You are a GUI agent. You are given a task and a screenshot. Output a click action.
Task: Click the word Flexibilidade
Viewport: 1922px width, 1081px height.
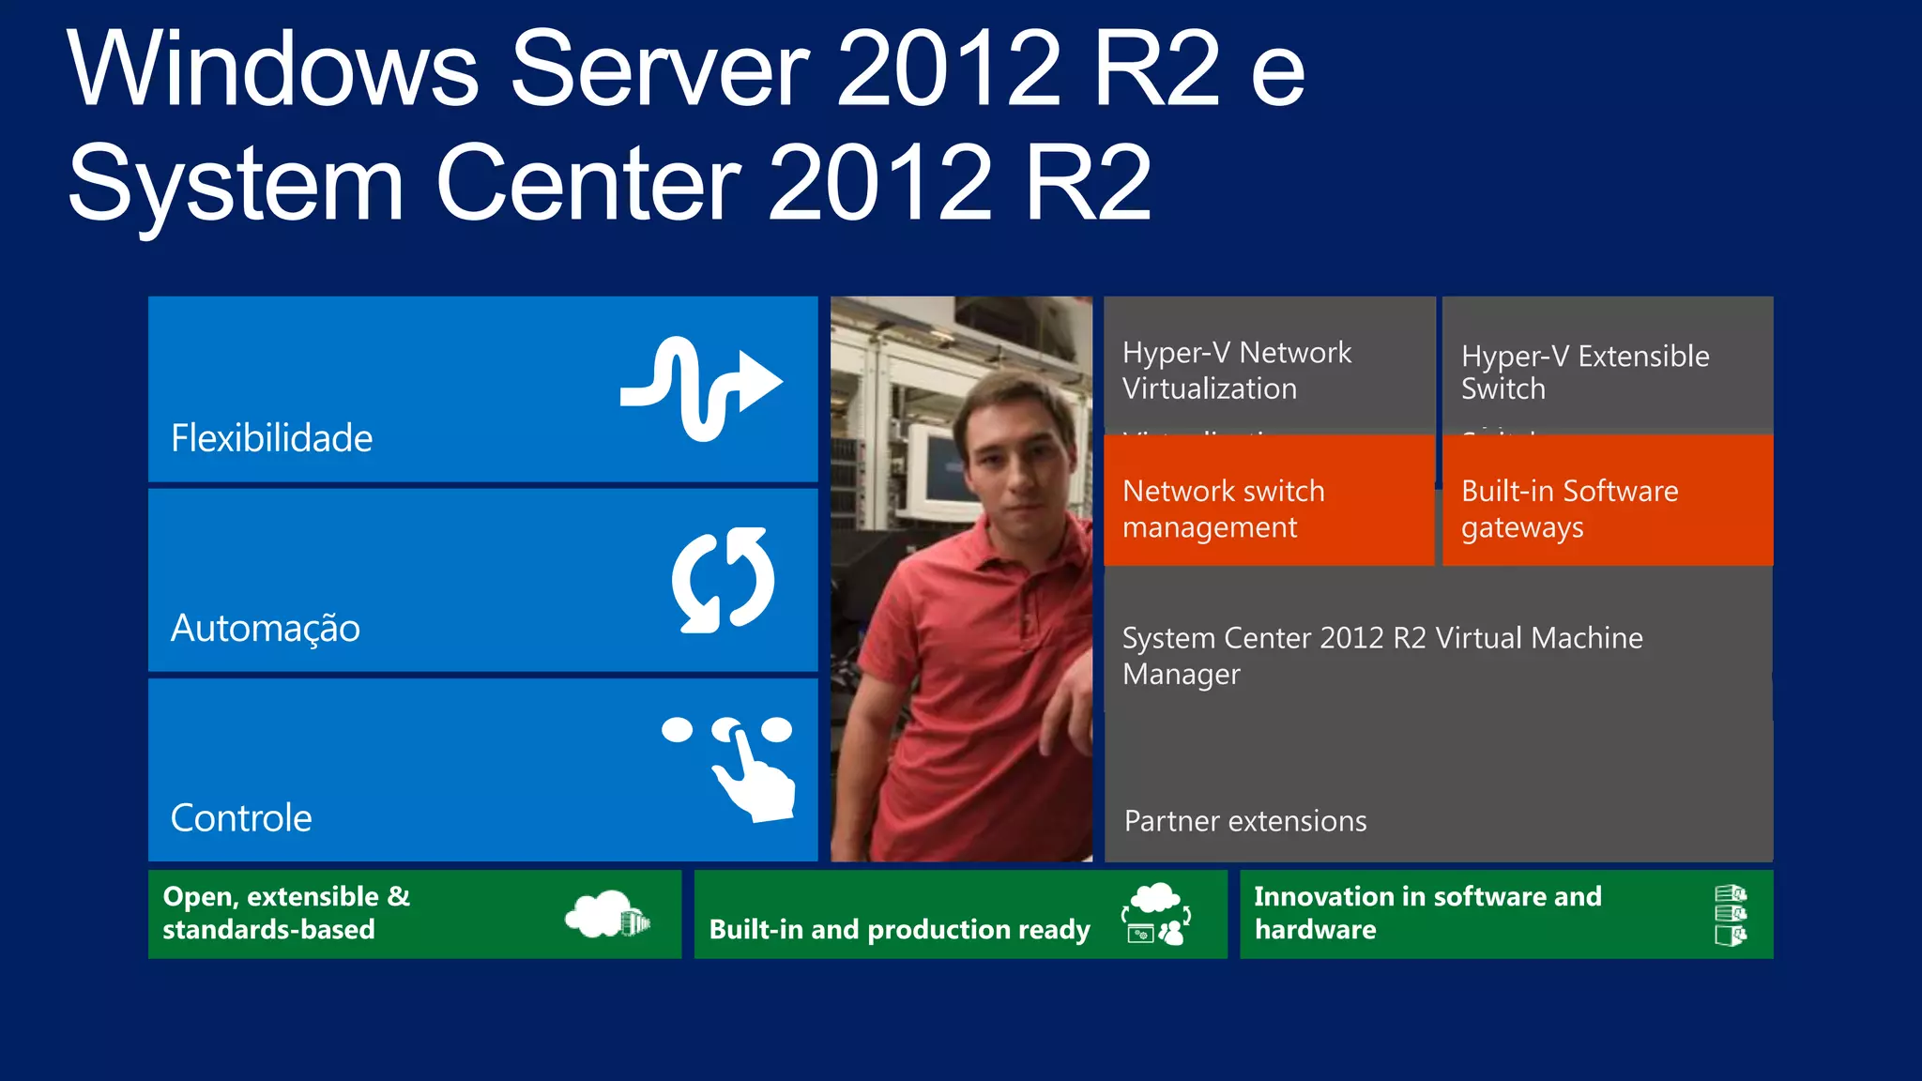pyautogui.click(x=271, y=438)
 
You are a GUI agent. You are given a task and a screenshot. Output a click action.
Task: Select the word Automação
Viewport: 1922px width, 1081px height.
pyautogui.click(x=265, y=628)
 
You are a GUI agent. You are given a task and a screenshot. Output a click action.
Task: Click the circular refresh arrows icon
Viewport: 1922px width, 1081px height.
pyautogui.click(x=723, y=580)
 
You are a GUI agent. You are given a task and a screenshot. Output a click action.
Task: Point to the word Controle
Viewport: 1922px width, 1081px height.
pyautogui.click(x=241, y=818)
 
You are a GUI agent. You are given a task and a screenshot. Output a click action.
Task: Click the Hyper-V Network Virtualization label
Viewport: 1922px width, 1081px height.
pyautogui.click(x=1236, y=370)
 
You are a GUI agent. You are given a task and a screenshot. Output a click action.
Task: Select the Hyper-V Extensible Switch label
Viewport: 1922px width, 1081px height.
pyautogui.click(x=1584, y=372)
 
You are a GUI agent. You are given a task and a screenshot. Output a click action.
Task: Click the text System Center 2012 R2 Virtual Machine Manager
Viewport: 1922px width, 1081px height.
pyautogui.click(x=1381, y=655)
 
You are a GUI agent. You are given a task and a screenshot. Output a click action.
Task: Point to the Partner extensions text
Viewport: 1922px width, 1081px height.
pyautogui.click(x=1244, y=821)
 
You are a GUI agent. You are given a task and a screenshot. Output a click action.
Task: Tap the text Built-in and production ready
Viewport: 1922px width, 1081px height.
pyautogui.click(x=899, y=929)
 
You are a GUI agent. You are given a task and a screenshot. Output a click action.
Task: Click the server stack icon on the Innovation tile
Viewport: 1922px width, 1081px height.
pyautogui.click(x=1730, y=915)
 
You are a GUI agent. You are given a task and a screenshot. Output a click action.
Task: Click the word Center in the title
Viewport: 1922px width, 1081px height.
pyautogui.click(x=588, y=183)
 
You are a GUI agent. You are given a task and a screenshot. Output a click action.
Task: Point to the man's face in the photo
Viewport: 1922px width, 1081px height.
pyautogui.click(x=1014, y=449)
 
